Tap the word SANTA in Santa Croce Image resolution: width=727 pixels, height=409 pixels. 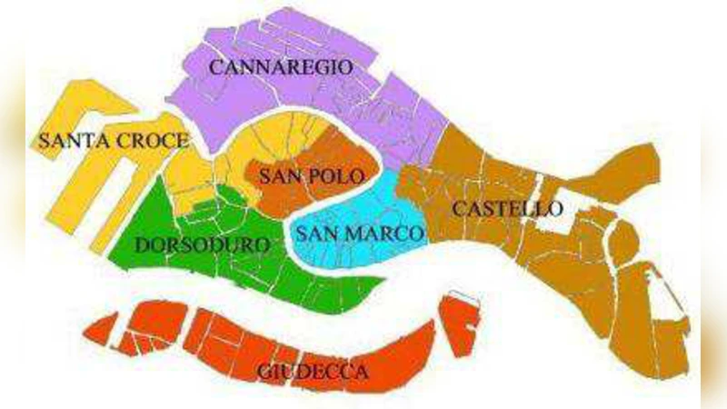click(x=68, y=142)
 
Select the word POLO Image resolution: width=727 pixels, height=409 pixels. click(x=336, y=175)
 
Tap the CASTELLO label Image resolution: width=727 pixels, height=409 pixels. click(x=507, y=209)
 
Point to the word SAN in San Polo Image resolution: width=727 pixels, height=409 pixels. click(x=278, y=175)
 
